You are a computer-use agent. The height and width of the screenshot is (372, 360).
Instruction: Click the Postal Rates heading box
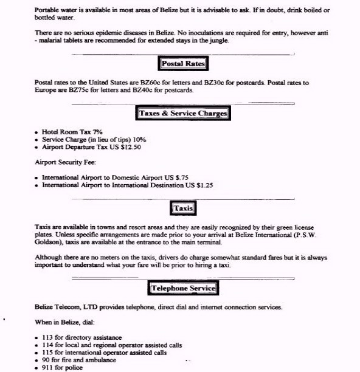pos(184,64)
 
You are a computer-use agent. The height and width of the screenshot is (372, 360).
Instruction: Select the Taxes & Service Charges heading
pos(183,114)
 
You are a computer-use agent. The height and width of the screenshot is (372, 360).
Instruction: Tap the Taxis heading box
pos(183,208)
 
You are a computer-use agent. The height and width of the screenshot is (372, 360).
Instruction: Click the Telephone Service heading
pos(183,288)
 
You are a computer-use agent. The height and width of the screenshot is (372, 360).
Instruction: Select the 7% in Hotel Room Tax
pos(97,132)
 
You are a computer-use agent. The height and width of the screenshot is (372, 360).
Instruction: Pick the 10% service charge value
pos(138,139)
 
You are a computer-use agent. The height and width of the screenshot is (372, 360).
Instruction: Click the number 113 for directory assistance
pos(47,337)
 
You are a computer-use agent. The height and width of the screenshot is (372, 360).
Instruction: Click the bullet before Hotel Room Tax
pos(36,132)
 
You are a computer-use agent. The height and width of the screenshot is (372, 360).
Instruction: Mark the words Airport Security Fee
pos(61,162)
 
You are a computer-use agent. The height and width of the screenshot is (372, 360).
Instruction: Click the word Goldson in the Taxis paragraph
pos(49,242)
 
